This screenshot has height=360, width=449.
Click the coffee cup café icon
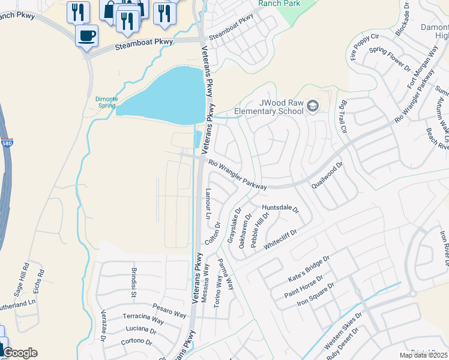(87, 35)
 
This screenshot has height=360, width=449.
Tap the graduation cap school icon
(312, 106)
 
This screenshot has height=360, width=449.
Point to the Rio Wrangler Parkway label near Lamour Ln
(238, 175)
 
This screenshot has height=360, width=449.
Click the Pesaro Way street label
(169, 309)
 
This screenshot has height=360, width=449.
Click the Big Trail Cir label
(343, 118)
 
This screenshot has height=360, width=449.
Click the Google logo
(19, 353)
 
